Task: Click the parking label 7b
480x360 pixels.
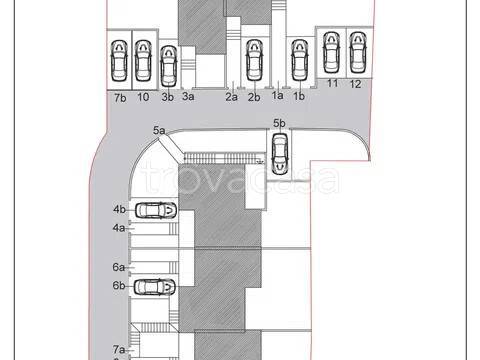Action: [x=120, y=98]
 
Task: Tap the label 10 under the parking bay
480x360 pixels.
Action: [x=143, y=97]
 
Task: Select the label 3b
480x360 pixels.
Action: [x=167, y=97]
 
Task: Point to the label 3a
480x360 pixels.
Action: [x=188, y=96]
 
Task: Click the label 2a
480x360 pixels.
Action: [x=232, y=97]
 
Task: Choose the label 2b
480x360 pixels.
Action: [x=254, y=97]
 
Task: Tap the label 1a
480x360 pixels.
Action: [x=278, y=95]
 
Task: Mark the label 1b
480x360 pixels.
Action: [x=299, y=96]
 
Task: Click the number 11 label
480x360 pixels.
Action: [x=332, y=83]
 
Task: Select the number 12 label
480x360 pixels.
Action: [x=355, y=84]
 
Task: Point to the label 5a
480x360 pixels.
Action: [x=159, y=130]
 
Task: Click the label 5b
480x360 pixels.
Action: [x=279, y=123]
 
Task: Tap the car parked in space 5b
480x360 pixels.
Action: [x=280, y=154]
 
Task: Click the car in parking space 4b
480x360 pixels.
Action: [x=156, y=210]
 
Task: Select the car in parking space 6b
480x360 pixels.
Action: [x=155, y=287]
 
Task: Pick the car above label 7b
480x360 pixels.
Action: [x=119, y=61]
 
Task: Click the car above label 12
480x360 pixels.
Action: [x=358, y=52]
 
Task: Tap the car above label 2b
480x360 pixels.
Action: [x=254, y=60]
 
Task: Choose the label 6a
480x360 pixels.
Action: [x=119, y=267]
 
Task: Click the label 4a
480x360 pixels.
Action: [x=119, y=228]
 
